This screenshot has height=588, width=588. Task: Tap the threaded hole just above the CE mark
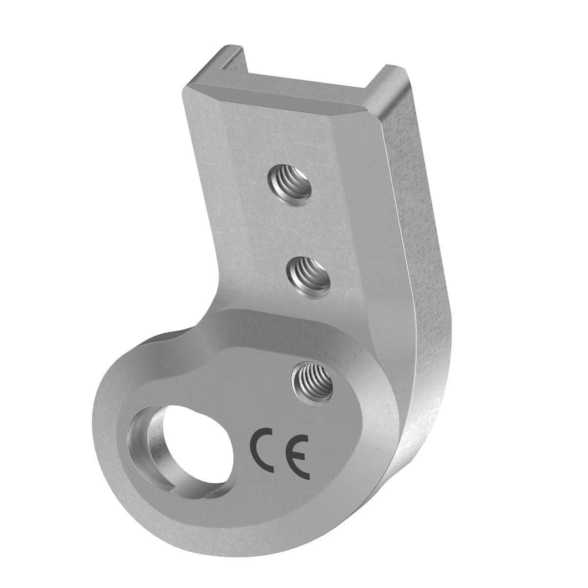point(313,383)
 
